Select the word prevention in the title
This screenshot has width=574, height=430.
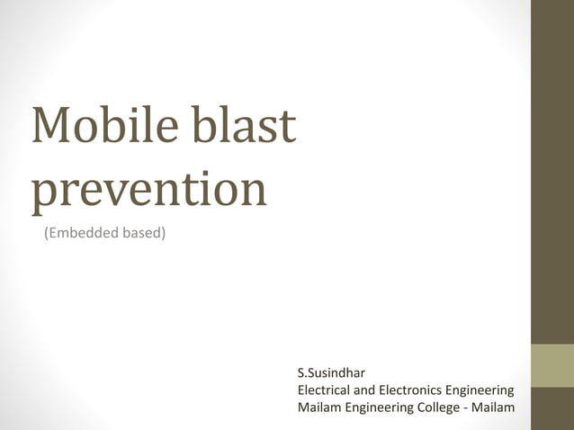[149, 191]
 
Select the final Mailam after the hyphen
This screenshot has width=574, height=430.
[495, 409]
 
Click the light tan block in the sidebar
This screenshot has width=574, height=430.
[552, 365]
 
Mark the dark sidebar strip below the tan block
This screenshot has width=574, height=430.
[552, 408]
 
